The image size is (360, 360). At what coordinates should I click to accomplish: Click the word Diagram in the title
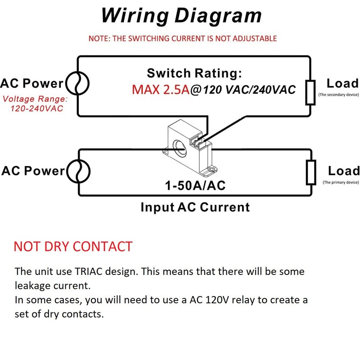pos(218,15)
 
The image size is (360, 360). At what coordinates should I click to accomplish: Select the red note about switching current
pos(182,38)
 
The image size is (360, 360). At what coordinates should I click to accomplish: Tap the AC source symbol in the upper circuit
pos(77,83)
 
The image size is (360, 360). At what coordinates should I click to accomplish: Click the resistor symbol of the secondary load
pos(310,92)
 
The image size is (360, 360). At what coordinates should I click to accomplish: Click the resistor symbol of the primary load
pos(310,172)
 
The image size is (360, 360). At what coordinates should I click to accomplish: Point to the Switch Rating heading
pos(194,73)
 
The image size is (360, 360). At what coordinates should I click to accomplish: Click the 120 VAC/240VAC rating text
pos(249,90)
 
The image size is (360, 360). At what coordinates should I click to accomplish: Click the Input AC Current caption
pos(195,207)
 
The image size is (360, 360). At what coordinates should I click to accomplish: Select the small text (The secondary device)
pos(338,95)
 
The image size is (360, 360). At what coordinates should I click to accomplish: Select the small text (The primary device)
pos(340,182)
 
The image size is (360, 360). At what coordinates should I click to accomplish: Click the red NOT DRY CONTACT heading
pos(73,247)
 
